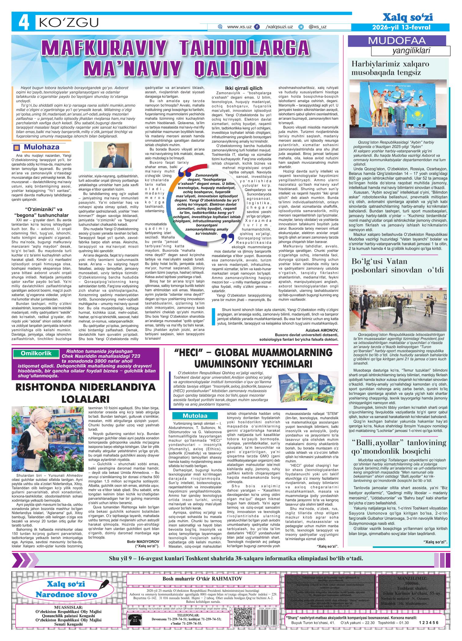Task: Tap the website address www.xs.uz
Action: coord(239,27)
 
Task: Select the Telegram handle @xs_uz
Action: coord(317,27)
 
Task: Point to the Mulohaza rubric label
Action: coord(38,147)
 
